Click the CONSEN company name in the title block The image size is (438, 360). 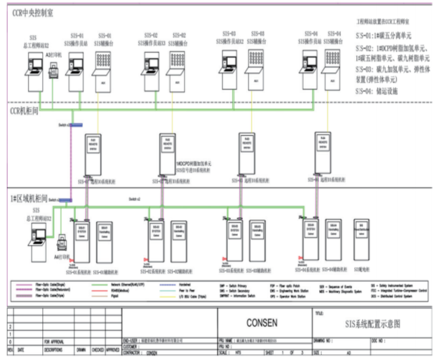[262, 323]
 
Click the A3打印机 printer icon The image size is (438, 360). [54, 71]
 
